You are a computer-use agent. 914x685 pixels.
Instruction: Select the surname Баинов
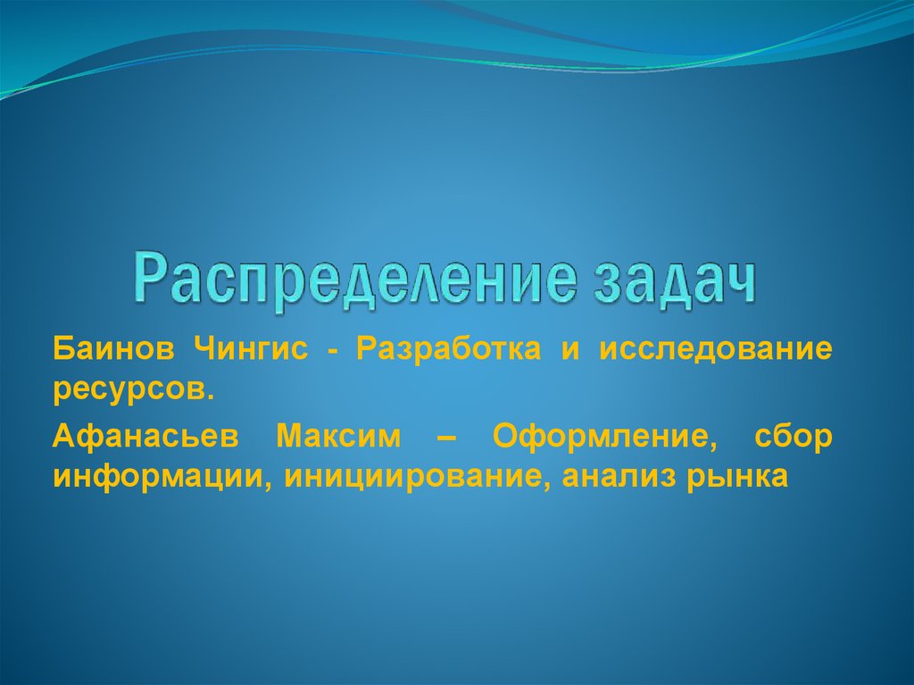point(108,349)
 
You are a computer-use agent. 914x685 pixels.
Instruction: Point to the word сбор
point(793,438)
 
